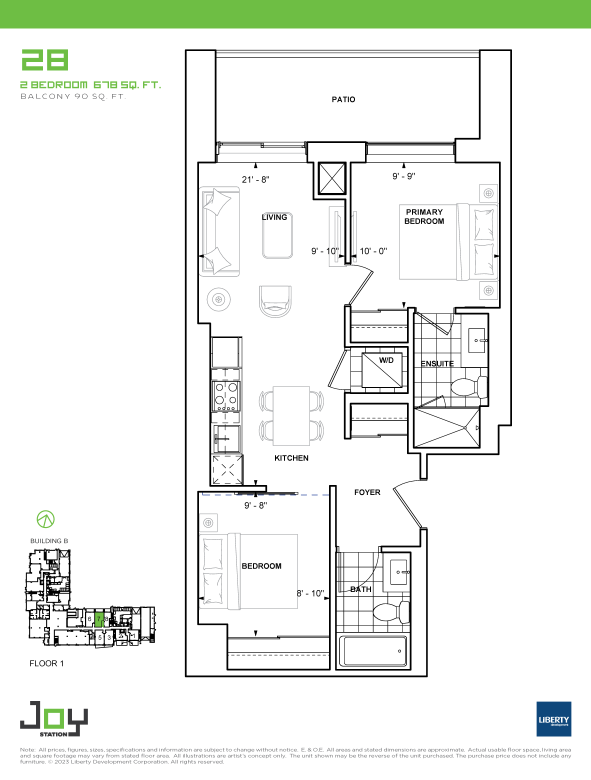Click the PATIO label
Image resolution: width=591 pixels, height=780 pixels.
coord(343,99)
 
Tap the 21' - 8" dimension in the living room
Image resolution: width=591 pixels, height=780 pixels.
coord(255,179)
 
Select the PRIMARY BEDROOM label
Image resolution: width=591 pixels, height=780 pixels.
coord(424,216)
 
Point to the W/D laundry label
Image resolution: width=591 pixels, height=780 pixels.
coord(386,360)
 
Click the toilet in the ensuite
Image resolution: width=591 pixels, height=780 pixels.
coord(469,387)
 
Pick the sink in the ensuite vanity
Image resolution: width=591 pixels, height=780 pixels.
coord(477,340)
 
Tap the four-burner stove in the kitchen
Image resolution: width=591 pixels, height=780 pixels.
coord(226,396)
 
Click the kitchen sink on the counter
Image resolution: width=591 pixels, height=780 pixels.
coord(226,439)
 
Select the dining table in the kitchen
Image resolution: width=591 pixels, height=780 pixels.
coord(291,416)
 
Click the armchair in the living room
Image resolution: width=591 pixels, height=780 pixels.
coord(275,301)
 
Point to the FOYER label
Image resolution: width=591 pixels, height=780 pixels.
coord(367,492)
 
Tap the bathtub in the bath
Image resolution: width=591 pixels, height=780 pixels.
coord(373,651)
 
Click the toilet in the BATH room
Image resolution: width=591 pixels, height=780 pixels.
coord(391,612)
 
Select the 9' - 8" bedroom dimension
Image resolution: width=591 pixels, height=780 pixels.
coord(255,505)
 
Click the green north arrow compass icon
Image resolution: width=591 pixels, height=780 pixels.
coord(45,519)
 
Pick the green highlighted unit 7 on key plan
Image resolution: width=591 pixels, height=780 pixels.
coord(99,619)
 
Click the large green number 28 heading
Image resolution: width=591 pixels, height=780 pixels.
coord(45,59)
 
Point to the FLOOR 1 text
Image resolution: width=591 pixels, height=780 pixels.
coord(46,663)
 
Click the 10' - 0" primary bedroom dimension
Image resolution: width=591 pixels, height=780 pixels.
coord(373,251)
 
